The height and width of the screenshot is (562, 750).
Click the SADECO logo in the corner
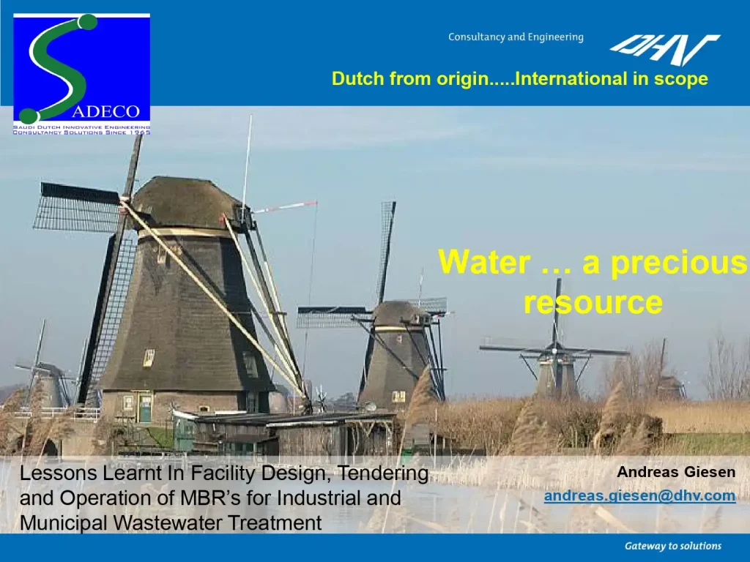point(82,73)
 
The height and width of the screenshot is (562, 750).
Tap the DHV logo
point(664,50)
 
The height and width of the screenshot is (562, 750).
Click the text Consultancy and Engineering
point(516,37)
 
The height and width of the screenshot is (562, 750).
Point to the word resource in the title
point(593,301)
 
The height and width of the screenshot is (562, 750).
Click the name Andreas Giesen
point(676,473)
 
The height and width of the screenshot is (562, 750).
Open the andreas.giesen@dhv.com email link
point(639,496)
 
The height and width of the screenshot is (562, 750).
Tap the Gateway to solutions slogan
point(672,546)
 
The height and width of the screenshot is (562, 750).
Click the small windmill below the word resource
point(556,370)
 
